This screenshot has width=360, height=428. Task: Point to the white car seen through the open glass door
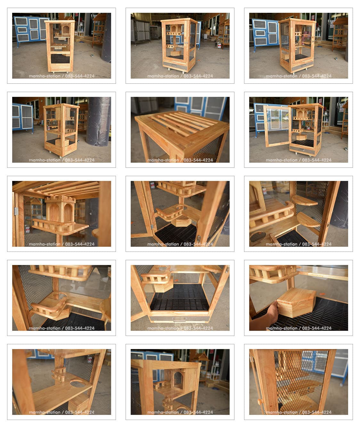click(285, 118)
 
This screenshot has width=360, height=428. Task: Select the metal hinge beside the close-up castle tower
click(16, 211)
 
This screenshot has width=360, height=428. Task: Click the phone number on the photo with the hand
click(317, 328)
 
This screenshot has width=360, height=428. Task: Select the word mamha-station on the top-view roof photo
click(163, 160)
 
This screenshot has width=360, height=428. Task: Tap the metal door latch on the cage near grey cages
click(186, 43)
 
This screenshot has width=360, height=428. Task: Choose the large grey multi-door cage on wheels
click(140, 30)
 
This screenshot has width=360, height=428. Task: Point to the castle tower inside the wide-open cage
click(301, 114)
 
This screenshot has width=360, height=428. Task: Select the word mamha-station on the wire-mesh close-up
click(282, 412)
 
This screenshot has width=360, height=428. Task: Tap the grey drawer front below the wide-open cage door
click(302, 149)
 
